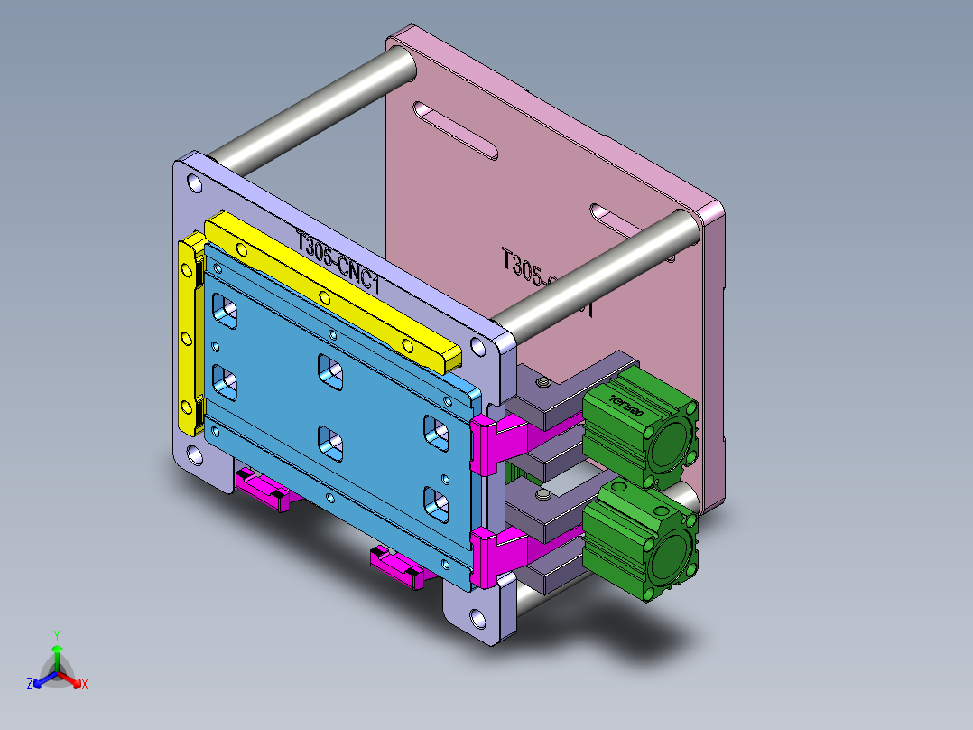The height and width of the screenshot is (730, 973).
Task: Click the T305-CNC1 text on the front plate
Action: pyautogui.click(x=342, y=264)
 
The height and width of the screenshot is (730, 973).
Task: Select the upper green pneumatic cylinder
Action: pyautogui.click(x=639, y=430)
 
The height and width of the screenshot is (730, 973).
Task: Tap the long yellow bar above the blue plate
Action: pyautogui.click(x=334, y=289)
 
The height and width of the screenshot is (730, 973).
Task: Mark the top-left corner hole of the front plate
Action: pyautogui.click(x=192, y=183)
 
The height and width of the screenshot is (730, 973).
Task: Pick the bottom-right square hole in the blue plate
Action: pyautogui.click(x=436, y=502)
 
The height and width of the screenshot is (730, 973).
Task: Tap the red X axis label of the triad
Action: pyautogui.click(x=85, y=684)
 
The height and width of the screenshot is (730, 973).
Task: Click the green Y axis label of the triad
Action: pyautogui.click(x=56, y=635)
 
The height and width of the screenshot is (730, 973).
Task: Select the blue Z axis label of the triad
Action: pyautogui.click(x=30, y=684)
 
